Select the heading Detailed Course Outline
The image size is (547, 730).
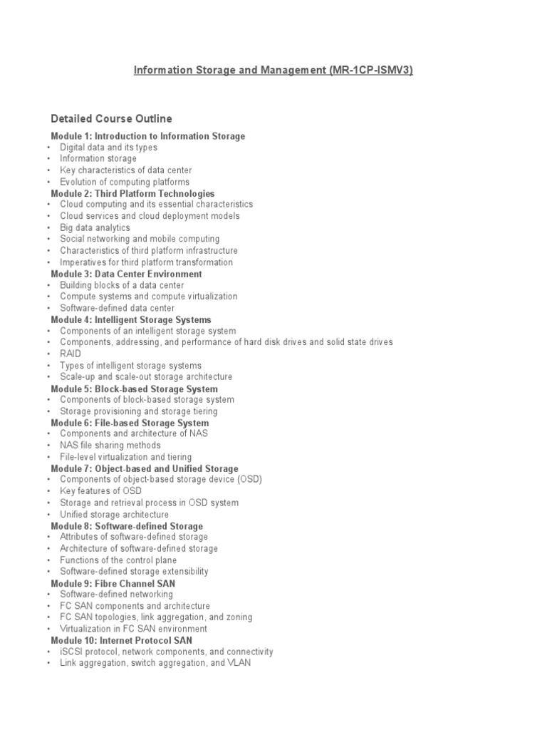click(111, 118)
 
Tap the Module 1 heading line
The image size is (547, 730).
click(148, 136)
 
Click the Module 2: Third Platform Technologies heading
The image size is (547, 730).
click(132, 193)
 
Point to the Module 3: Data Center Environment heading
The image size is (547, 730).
click(126, 274)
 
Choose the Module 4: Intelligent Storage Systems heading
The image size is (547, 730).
click(131, 319)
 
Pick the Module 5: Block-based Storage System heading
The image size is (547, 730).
click(135, 389)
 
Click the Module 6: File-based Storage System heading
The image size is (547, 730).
click(130, 423)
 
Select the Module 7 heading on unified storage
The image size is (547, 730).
click(145, 468)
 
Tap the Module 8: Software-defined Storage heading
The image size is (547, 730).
click(127, 526)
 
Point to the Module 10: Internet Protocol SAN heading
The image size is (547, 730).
click(121, 640)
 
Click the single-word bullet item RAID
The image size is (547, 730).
click(71, 354)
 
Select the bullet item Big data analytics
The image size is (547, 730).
click(95, 227)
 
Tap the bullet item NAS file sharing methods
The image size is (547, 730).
click(110, 446)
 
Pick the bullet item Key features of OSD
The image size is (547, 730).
click(100, 491)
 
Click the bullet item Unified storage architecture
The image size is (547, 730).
click(114, 514)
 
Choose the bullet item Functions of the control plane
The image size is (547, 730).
click(118, 560)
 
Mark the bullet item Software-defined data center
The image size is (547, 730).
click(117, 308)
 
